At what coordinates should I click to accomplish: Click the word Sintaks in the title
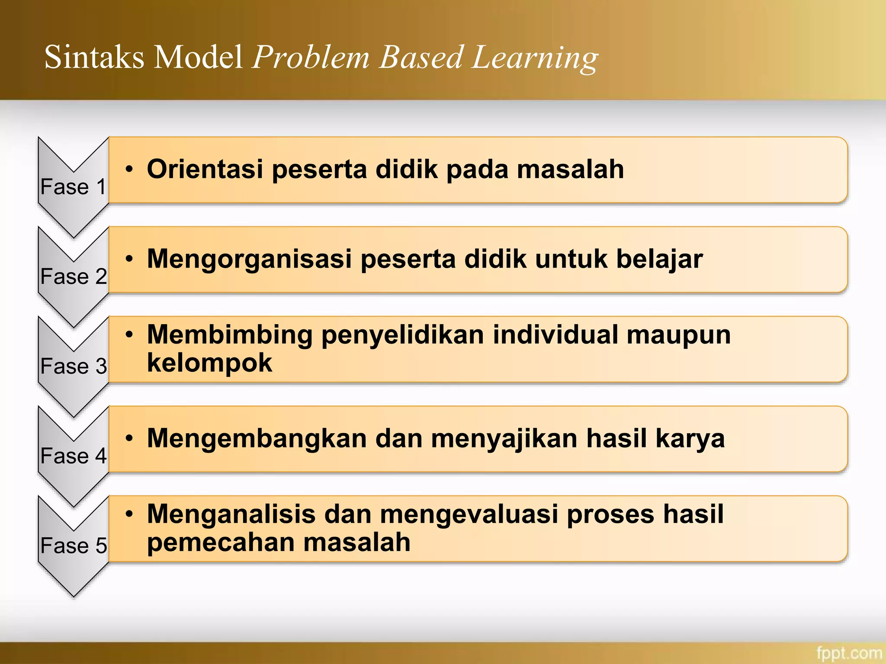[x=94, y=57]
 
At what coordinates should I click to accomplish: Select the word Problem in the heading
[x=311, y=57]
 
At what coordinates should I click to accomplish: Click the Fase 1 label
[x=73, y=187]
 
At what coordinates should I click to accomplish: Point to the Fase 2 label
[x=73, y=276]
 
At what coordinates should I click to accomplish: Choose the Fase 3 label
[x=73, y=366]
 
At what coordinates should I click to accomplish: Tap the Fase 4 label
[x=73, y=456]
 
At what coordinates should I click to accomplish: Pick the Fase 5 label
[x=73, y=546]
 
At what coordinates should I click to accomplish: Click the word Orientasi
[x=205, y=169]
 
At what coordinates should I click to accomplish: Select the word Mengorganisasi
[x=249, y=259]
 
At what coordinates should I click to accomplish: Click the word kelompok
[x=209, y=363]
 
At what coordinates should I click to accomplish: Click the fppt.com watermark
[x=849, y=653]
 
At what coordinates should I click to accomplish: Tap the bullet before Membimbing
[x=129, y=335]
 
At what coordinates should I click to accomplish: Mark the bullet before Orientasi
[x=129, y=169]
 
